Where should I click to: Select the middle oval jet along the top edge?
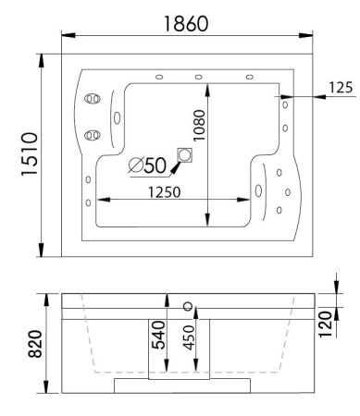coord(198,76)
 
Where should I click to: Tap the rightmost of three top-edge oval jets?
coord(249,76)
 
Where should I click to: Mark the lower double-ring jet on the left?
coord(91,135)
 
